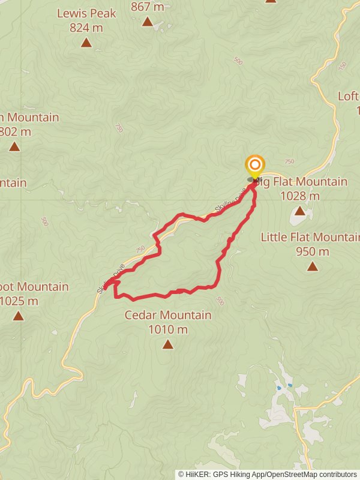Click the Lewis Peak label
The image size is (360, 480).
86,13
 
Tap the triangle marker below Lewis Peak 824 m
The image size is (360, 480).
86,43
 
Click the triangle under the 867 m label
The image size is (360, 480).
148,22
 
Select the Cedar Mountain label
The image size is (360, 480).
167,315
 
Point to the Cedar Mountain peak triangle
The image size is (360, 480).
167,344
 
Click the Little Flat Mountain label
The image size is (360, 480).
310,237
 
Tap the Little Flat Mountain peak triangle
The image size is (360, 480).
312,266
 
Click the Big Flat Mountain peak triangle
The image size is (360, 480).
299,211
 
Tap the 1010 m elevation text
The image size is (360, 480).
167,329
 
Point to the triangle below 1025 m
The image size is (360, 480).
18,316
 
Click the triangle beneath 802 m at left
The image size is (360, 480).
14,146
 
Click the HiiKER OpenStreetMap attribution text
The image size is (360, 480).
267,474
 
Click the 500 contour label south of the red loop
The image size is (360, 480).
220,301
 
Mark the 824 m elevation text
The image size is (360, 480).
86,28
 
